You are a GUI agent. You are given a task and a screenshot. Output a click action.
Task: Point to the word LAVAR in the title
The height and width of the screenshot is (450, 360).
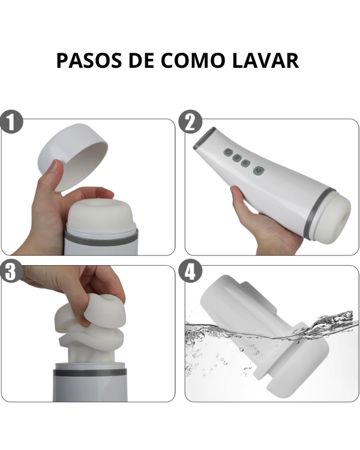pos(266,60)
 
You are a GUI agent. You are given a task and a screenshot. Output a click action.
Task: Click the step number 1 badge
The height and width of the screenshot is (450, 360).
pos(11,122)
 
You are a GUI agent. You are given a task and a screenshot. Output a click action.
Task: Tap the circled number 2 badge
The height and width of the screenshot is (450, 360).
pos(190,122)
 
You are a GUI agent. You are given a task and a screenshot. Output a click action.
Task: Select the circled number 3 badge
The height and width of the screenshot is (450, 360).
pos(11,271)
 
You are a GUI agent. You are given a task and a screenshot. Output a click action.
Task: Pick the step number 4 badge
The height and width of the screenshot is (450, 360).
pos(190,271)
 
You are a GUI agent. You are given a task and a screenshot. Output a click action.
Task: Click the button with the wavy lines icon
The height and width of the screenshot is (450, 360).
pos(237,158)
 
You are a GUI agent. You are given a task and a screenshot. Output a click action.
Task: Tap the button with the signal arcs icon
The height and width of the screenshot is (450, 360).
pos(246,164)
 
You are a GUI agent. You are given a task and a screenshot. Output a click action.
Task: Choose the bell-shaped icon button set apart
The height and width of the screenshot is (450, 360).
pos(259,170)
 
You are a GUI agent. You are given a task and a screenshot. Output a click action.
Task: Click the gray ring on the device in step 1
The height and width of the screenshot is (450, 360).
pos(101,238)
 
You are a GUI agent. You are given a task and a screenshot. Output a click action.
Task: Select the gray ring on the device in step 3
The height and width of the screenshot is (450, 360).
pos(90,373)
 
